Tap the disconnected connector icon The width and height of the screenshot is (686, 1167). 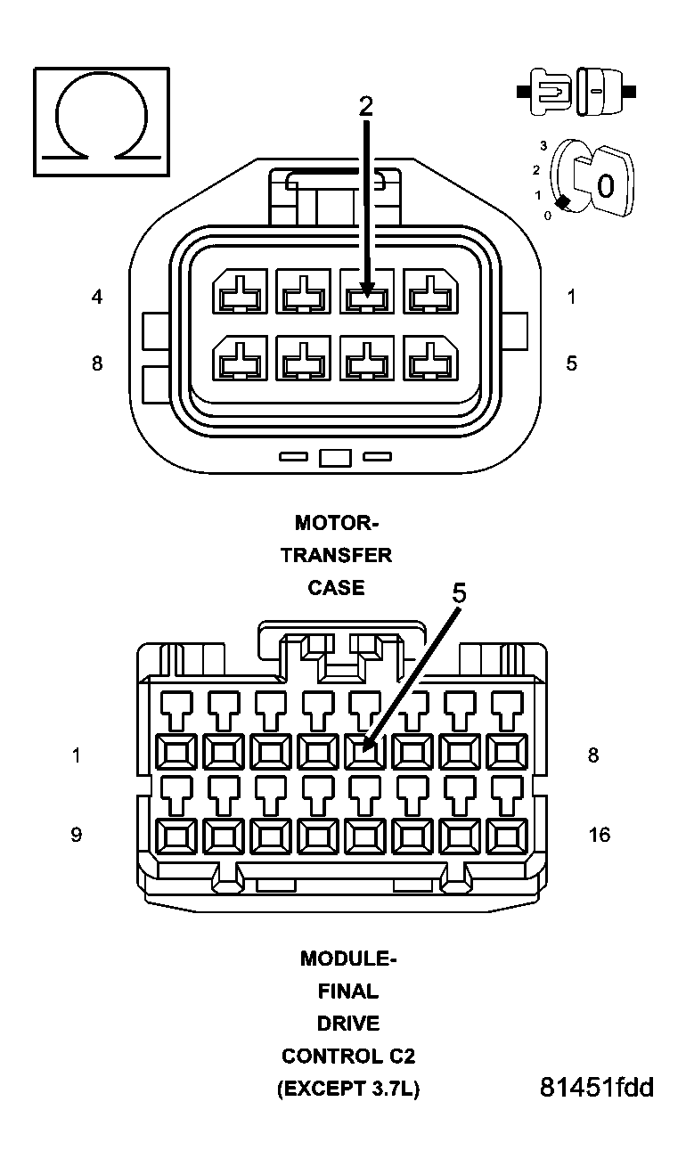tap(576, 91)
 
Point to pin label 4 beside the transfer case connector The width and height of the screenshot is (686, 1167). tap(97, 297)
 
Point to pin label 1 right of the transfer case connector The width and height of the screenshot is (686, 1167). tap(571, 297)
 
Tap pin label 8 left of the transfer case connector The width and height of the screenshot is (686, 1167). tap(97, 363)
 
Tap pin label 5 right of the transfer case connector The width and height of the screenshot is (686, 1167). tap(571, 363)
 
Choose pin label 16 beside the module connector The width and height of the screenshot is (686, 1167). tap(600, 835)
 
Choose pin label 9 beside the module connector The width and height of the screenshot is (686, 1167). tap(77, 835)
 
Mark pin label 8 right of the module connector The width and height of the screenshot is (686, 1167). tap(593, 755)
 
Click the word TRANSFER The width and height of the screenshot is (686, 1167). tap(336, 555)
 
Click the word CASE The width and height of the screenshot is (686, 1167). tap(336, 588)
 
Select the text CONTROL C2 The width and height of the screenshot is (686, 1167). tap(347, 1057)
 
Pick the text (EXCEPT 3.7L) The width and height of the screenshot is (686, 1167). tap(347, 1089)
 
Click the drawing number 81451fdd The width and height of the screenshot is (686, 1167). tap(596, 1088)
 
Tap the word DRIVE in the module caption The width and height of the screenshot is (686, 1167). tap(347, 1024)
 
